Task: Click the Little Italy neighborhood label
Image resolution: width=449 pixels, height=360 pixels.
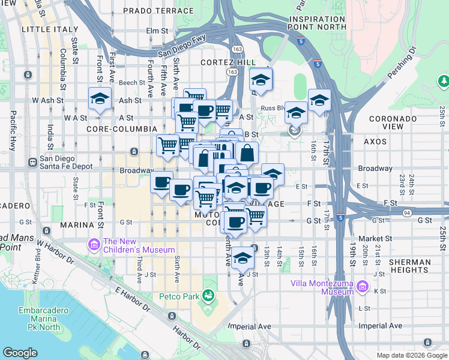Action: coord(50,29)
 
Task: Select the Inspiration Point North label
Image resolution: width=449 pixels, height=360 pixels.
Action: coord(317,23)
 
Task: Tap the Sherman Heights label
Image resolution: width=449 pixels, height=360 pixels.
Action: coord(409,266)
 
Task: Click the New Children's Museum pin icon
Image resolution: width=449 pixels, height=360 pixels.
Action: coord(93,244)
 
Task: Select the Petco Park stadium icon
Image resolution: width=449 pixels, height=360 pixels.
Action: coord(208,295)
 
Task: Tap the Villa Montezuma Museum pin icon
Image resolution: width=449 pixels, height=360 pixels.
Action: coord(362,287)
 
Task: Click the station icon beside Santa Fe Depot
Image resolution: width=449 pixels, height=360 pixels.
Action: coord(32,162)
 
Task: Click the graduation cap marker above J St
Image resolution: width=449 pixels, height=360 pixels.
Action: coord(243,258)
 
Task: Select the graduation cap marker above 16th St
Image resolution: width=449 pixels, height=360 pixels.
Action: coord(319,99)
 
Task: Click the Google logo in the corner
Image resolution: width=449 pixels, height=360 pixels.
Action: coord(20,353)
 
